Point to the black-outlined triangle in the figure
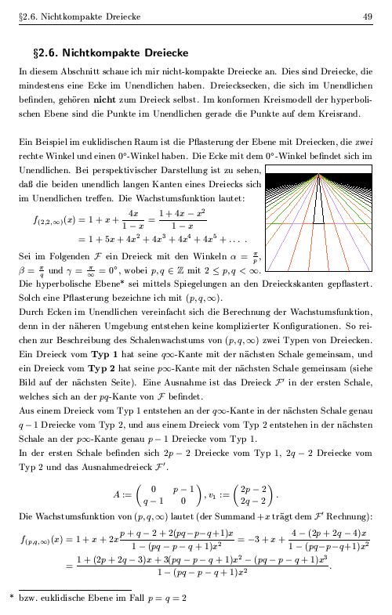coord(318,201)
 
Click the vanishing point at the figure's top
coord(318,175)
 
